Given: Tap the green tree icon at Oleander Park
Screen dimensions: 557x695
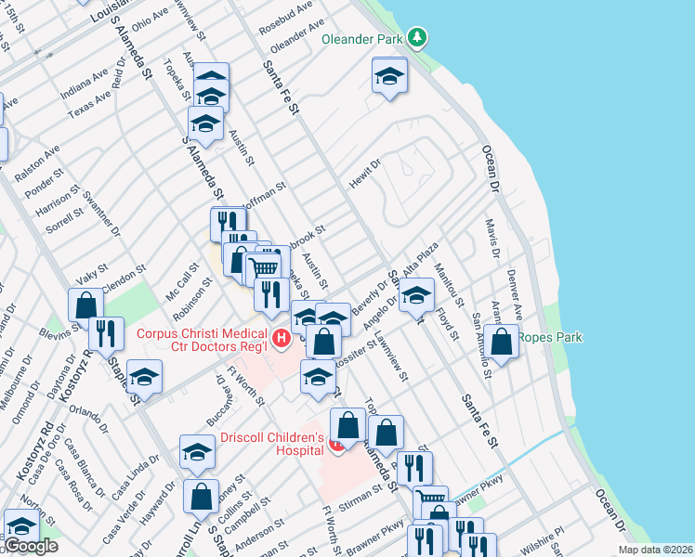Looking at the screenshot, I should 419,37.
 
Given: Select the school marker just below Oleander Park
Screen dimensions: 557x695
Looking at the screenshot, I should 390,76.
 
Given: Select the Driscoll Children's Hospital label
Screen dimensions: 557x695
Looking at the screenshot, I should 271,446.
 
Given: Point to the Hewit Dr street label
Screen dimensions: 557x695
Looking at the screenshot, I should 365,174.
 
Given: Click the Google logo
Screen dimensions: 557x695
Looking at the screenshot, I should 32,546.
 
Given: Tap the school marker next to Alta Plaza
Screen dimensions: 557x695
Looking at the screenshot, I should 416,295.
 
